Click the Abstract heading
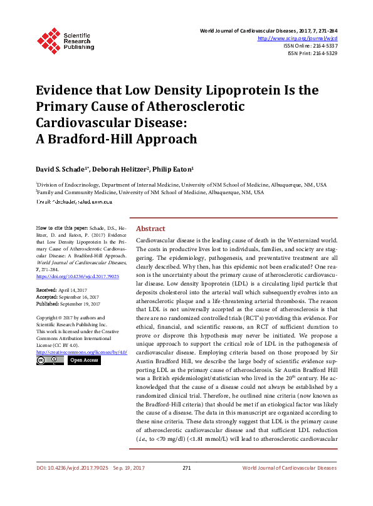point(150,229)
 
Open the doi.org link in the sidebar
point(78,276)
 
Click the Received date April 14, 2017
point(74,291)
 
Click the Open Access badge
point(83,361)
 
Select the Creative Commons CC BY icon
point(50,361)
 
